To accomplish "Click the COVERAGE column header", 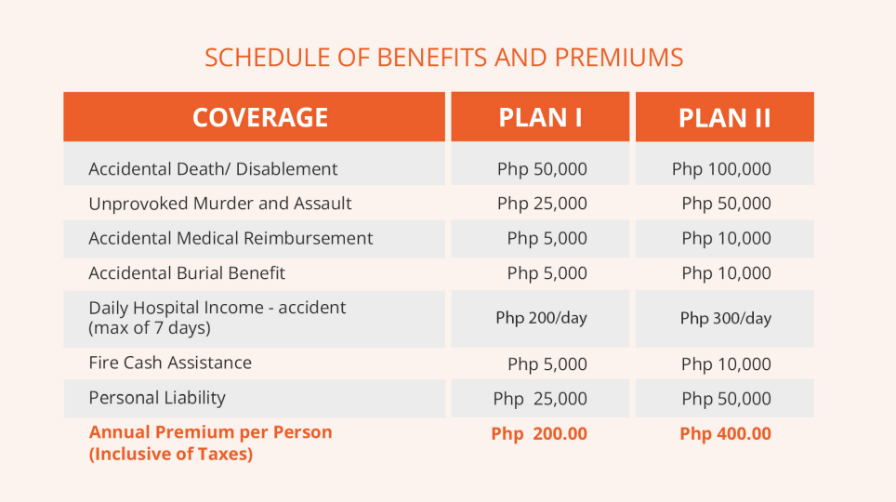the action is tap(260, 117).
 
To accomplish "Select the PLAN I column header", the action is tap(540, 117).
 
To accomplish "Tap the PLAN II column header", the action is tap(725, 118).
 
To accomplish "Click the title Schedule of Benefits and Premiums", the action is tap(444, 58).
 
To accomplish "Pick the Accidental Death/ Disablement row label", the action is tap(213, 168).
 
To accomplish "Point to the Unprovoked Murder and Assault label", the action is tap(220, 203).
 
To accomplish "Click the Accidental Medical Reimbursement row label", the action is tap(231, 238).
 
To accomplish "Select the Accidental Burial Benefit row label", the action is tap(186, 272).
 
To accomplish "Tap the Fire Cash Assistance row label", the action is tap(170, 363).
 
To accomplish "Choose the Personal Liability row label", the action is tap(156, 398).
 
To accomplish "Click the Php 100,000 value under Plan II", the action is tap(721, 168).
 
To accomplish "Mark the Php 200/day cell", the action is tap(541, 318).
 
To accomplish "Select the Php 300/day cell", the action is tap(725, 318).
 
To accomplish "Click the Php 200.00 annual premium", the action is tap(539, 433).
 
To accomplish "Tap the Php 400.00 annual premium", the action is tap(725, 433).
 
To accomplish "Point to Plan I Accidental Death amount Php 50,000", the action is tap(542, 168).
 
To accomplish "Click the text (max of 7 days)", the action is tap(149, 328).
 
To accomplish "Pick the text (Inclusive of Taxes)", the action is tap(170, 454).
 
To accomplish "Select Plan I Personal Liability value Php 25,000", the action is tap(540, 399).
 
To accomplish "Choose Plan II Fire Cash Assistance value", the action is tap(726, 363).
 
